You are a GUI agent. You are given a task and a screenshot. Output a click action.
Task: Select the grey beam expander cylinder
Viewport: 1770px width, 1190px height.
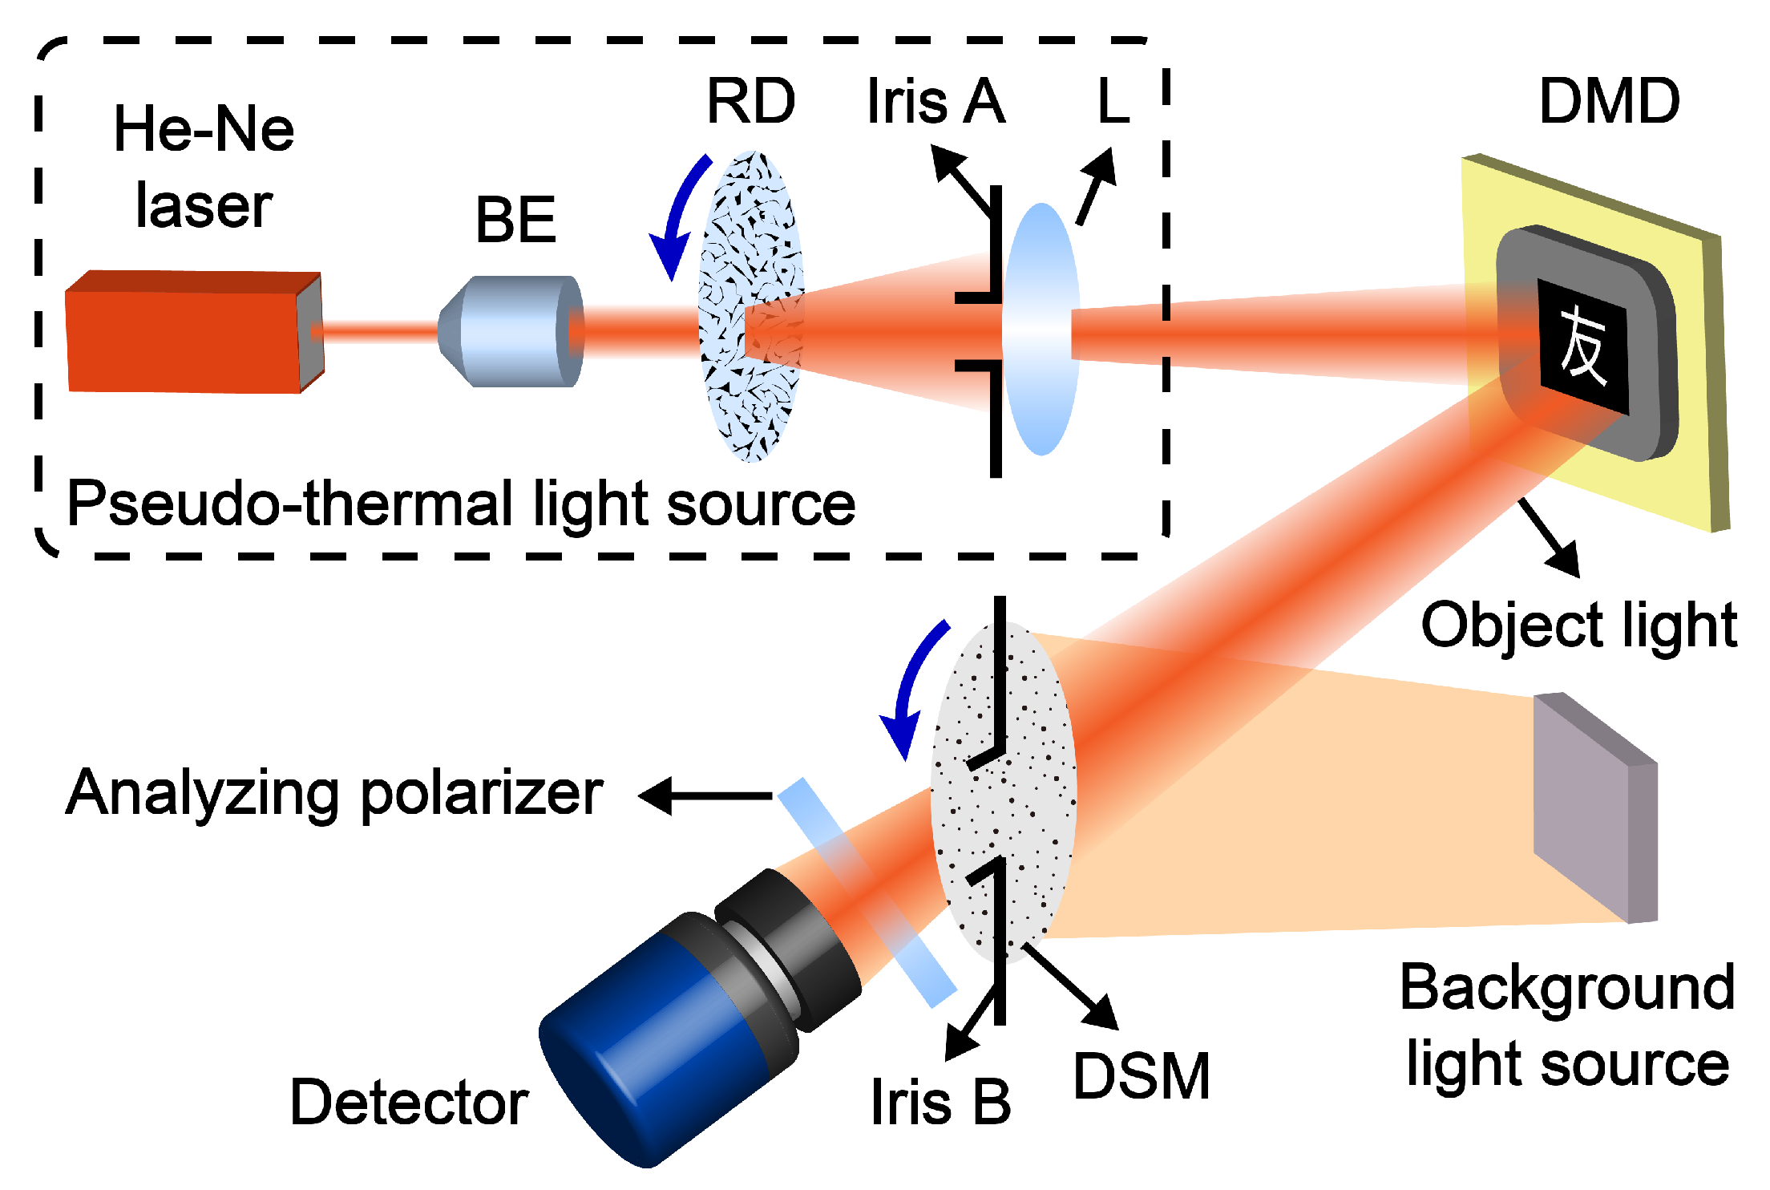509,331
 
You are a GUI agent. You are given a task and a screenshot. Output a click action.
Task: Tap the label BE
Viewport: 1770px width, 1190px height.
515,220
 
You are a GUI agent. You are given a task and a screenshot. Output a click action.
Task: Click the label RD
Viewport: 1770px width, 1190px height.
750,102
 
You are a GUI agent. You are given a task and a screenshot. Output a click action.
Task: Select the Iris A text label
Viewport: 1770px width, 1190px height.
936,102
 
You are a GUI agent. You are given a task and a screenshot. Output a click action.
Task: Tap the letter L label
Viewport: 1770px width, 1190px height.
1113,102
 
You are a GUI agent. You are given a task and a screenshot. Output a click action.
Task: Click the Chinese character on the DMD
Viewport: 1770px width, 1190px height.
1583,346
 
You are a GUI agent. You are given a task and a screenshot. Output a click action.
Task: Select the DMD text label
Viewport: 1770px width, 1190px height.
1609,102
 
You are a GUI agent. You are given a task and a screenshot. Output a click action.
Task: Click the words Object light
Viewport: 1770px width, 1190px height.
1578,625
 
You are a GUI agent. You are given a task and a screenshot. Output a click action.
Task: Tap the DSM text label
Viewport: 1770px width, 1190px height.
1141,1076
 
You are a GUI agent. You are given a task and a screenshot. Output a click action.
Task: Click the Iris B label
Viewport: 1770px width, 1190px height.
940,1103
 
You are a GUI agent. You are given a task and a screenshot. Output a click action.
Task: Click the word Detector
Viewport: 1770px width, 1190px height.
409,1103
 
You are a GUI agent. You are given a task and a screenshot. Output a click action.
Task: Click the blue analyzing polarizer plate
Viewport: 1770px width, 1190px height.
866,890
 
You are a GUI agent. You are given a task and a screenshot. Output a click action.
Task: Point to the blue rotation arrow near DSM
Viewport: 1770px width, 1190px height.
910,690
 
